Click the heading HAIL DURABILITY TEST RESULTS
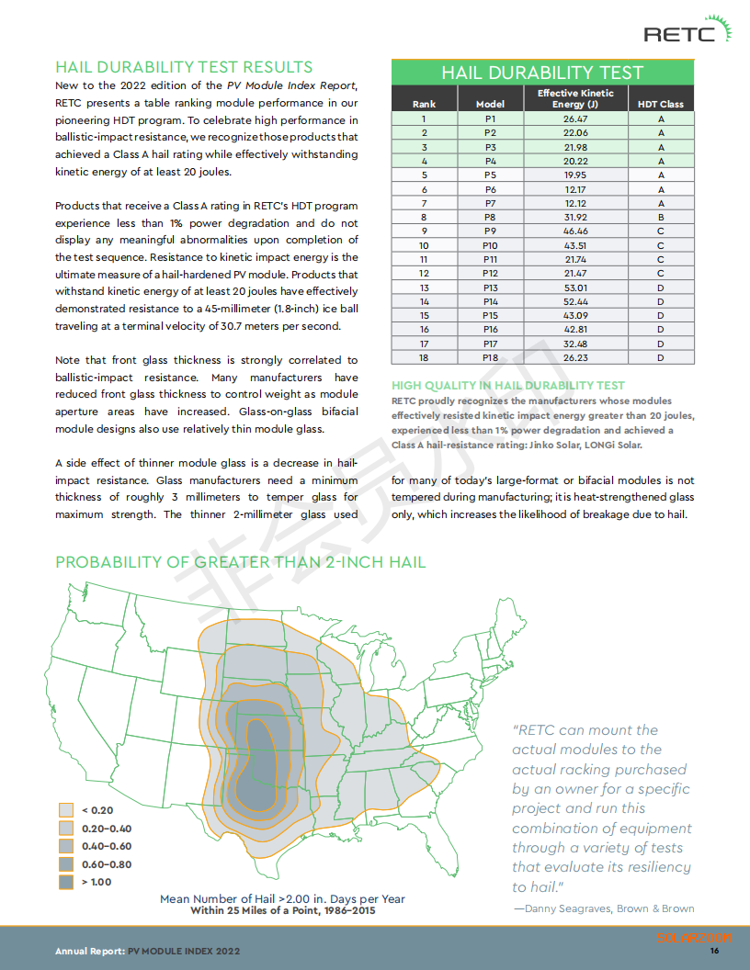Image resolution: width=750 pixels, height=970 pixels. (184, 67)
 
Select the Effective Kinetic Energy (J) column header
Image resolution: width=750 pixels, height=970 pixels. (575, 98)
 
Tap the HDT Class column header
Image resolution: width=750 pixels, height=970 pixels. (660, 104)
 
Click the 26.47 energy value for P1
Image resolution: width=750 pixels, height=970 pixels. (575, 118)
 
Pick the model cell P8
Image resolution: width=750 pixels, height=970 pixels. (490, 217)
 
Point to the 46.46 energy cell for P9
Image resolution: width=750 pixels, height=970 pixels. (575, 231)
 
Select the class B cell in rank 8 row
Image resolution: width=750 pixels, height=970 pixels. (660, 217)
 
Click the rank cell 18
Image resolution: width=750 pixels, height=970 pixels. (424, 357)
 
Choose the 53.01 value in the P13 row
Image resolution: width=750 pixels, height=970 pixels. (575, 288)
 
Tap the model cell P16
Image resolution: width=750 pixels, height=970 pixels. (490, 330)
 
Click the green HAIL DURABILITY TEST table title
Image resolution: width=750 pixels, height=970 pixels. (542, 73)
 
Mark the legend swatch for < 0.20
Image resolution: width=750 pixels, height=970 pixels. (66, 810)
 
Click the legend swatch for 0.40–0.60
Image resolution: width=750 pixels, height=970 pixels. (66, 846)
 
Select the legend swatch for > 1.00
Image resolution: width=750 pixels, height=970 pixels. (66, 882)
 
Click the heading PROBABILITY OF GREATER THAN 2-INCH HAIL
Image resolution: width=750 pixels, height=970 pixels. (241, 561)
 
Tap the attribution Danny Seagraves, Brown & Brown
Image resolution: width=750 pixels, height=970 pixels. (603, 908)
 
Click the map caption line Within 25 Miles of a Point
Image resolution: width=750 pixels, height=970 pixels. (282, 911)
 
